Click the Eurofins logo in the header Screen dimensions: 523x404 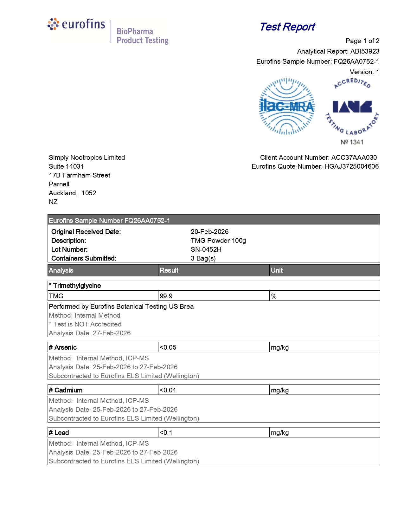click(76, 24)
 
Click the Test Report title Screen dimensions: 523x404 click(287, 27)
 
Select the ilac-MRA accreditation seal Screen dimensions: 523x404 click(287, 107)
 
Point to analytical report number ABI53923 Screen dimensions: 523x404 click(365, 51)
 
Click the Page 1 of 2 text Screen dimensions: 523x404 click(362, 41)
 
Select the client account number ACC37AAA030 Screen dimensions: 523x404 click(354, 158)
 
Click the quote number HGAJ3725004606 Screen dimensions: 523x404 click(351, 166)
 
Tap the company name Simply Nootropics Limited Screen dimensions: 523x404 click(87, 158)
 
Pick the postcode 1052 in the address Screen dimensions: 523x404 click(89, 193)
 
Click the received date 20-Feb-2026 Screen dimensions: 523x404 click(209, 232)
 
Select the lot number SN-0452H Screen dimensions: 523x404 click(206, 249)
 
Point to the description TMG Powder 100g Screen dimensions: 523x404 click(218, 241)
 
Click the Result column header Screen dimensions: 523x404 click(169, 270)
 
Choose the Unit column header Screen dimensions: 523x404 click(277, 270)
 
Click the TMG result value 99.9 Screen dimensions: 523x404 click(166, 296)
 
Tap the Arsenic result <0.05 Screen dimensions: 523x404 click(168, 347)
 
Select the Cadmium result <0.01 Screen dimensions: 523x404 click(168, 390)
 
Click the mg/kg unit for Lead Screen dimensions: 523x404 click(280, 433)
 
